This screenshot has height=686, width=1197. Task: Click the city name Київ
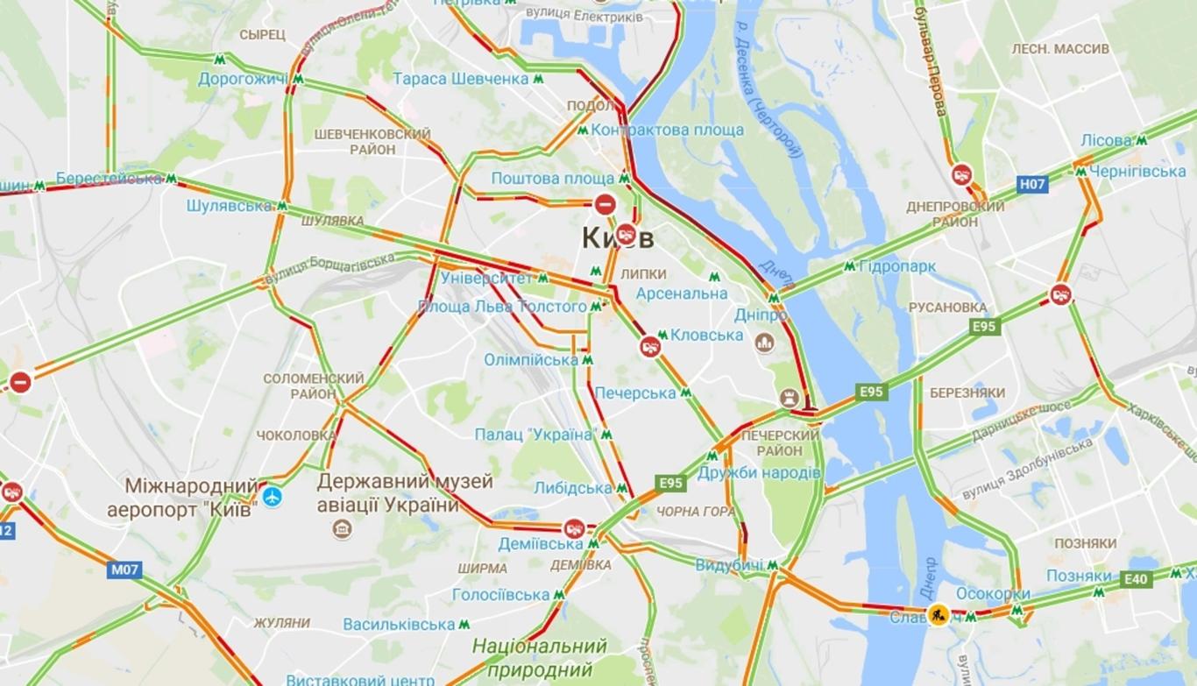pyautogui.click(x=618, y=238)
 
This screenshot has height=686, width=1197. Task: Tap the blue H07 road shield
pyautogui.click(x=1032, y=184)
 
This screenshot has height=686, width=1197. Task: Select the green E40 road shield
pyautogui.click(x=1137, y=578)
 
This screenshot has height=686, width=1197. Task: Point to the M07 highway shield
pyautogui.click(x=124, y=569)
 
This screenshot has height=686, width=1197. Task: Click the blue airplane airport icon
pyautogui.click(x=273, y=497)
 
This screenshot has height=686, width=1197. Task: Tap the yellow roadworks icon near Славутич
pyautogui.click(x=938, y=615)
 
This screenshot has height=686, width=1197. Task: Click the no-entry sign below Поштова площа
pyautogui.click(x=605, y=205)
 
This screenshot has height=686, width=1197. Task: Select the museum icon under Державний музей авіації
pyautogui.click(x=342, y=529)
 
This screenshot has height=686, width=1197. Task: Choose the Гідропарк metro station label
pyautogui.click(x=897, y=266)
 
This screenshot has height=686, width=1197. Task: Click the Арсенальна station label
pyautogui.click(x=681, y=293)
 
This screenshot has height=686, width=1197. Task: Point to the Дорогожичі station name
pyautogui.click(x=242, y=79)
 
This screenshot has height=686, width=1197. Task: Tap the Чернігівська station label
pyautogui.click(x=1138, y=172)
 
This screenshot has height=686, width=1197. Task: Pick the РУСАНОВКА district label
pyautogui.click(x=947, y=308)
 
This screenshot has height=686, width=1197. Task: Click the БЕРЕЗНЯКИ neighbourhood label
pyautogui.click(x=967, y=393)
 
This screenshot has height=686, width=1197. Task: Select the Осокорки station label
pyautogui.click(x=993, y=594)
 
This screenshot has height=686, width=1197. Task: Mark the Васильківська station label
pyautogui.click(x=399, y=625)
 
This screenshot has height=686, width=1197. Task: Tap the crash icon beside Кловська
pyautogui.click(x=649, y=346)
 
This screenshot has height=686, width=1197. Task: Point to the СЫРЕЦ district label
pyautogui.click(x=262, y=34)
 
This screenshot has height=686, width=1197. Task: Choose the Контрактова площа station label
pyautogui.click(x=667, y=131)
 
